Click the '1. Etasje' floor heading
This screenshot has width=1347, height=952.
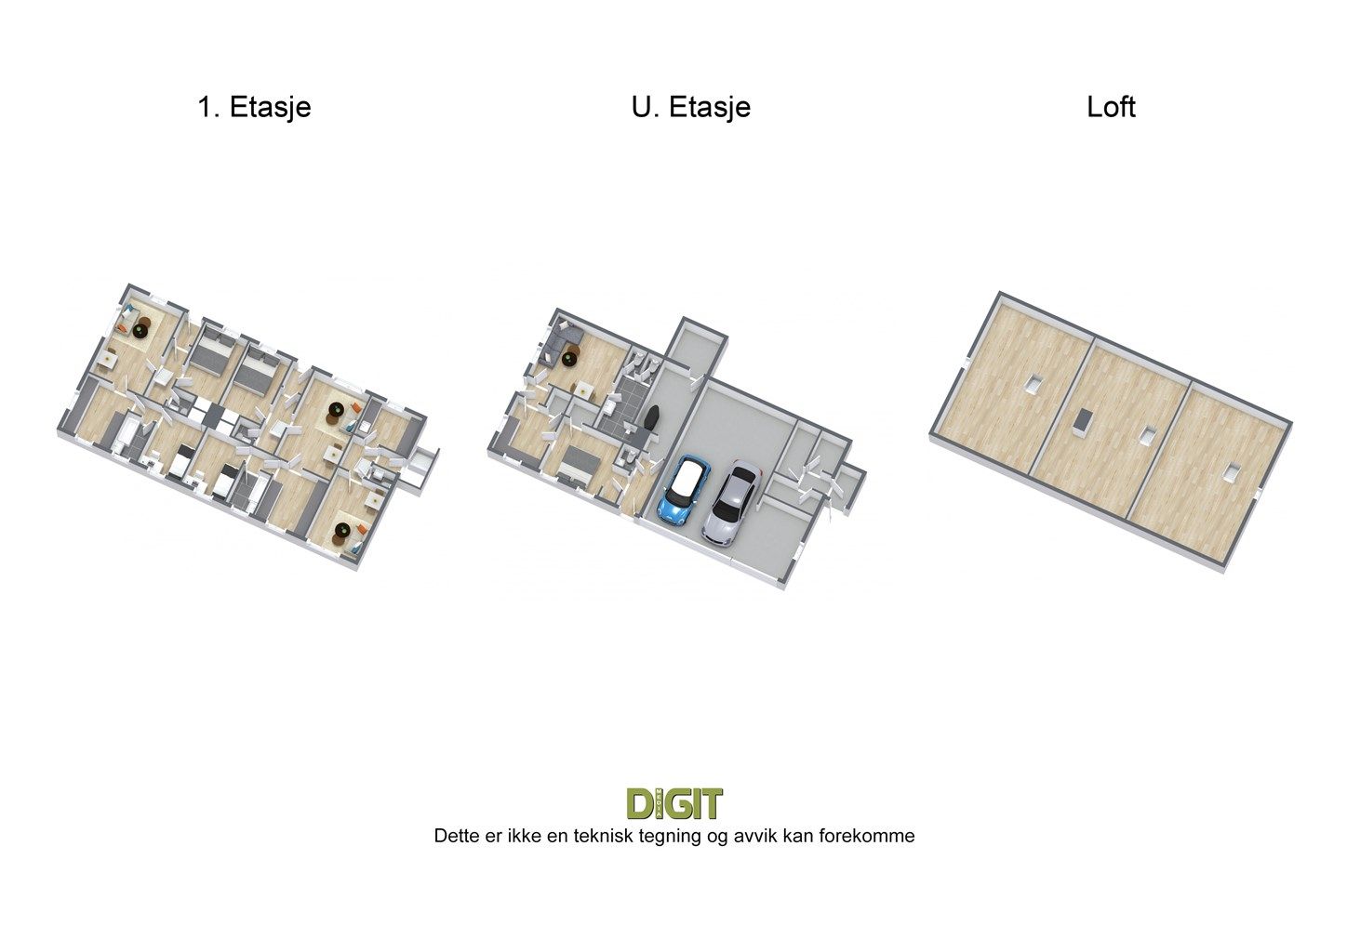click(x=254, y=108)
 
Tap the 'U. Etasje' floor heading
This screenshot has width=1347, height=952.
click(x=691, y=108)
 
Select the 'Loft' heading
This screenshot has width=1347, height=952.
click(x=1111, y=108)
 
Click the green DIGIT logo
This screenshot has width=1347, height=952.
click(x=674, y=803)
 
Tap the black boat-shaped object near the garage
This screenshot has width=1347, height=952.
click(x=651, y=417)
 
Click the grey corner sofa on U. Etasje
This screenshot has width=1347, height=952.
click(x=561, y=342)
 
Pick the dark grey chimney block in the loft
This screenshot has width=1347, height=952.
click(x=1083, y=419)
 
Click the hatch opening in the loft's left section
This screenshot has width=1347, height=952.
click(x=1034, y=383)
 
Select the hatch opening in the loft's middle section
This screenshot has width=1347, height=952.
click(x=1147, y=436)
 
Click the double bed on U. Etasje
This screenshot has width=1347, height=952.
click(x=578, y=465)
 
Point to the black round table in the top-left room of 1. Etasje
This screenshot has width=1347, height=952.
click(x=142, y=330)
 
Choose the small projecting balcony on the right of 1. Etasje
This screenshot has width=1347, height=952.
click(x=423, y=467)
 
